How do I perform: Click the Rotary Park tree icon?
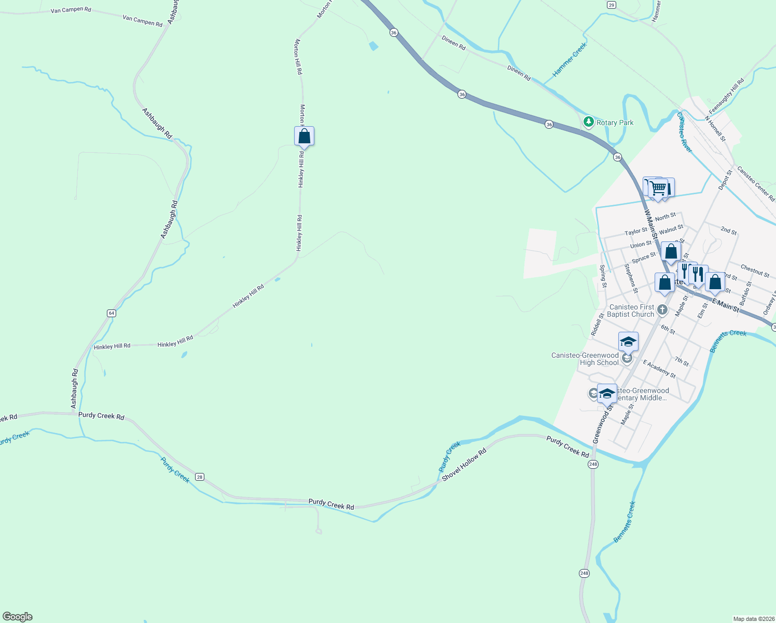pos(588,122)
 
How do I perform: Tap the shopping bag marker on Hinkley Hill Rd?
pos(304,137)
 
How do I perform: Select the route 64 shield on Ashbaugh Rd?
pos(112,313)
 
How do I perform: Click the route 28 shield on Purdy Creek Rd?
pos(200,477)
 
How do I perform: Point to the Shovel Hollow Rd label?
pos(464,464)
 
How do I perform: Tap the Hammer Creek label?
pos(570,60)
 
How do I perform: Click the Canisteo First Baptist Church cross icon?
pos(662,310)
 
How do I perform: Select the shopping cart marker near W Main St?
pos(658,188)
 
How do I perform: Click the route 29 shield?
pos(612,5)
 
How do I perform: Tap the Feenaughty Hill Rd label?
pos(726,96)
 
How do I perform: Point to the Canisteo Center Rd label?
pos(756,184)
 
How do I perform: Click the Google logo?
pos(18,617)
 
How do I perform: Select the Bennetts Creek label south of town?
pos(625,522)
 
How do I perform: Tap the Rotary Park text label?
pos(615,123)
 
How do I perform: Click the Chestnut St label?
pos(755,270)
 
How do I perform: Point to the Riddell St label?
pos(598,323)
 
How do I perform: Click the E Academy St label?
pos(659,369)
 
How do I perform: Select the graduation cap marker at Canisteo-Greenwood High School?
pos(628,342)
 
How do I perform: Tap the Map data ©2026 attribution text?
pos(753,619)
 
